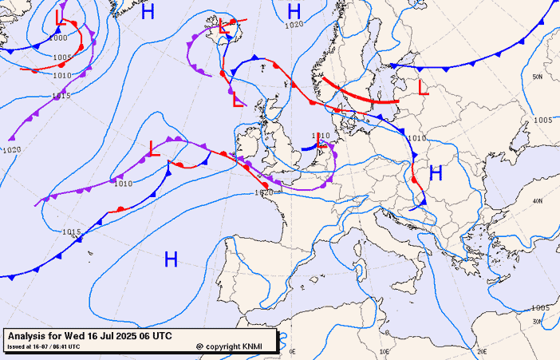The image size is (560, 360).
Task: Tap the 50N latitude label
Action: pos(538,77)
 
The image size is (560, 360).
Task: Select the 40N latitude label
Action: pos(538,201)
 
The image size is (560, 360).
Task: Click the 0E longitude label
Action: pos(292,351)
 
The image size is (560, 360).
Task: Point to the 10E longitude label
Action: pos(385,351)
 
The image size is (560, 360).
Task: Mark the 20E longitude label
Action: pos(481,351)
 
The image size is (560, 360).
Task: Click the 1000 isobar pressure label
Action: pos(57,38)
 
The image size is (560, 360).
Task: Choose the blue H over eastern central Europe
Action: pos(436,172)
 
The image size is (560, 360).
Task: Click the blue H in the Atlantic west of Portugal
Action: pos(171,259)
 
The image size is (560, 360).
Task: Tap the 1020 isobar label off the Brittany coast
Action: pos(264,192)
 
